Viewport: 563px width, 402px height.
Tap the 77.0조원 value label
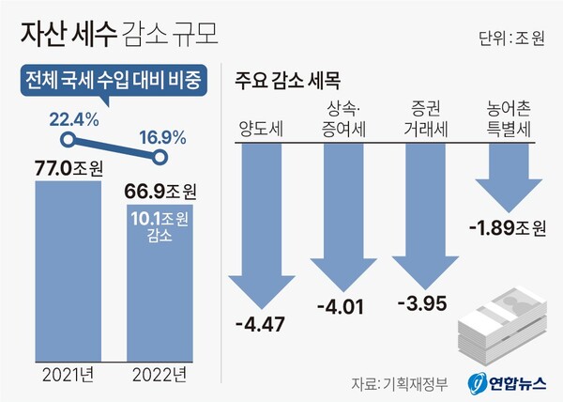pos(68,169)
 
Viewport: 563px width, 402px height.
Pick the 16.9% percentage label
pos(162,136)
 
